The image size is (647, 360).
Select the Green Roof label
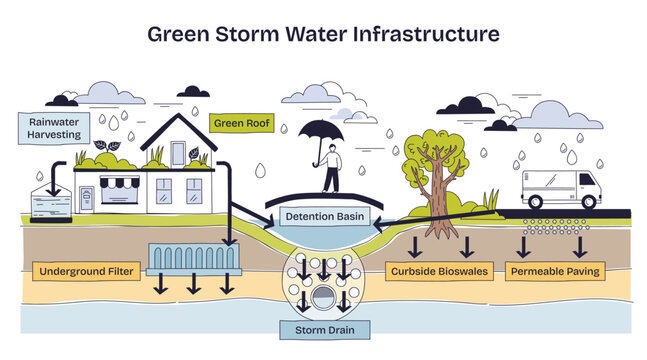pyautogui.click(x=235, y=125)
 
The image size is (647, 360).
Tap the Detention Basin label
pyautogui.click(x=323, y=216)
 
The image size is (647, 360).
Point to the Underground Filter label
pyautogui.click(x=85, y=271)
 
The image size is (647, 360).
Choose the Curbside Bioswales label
pyautogui.click(x=435, y=271)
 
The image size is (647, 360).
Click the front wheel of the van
pyautogui.click(x=590, y=200)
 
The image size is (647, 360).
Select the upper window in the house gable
pyautogui.click(x=178, y=153)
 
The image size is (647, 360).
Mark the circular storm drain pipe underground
pyautogui.click(x=323, y=296)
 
